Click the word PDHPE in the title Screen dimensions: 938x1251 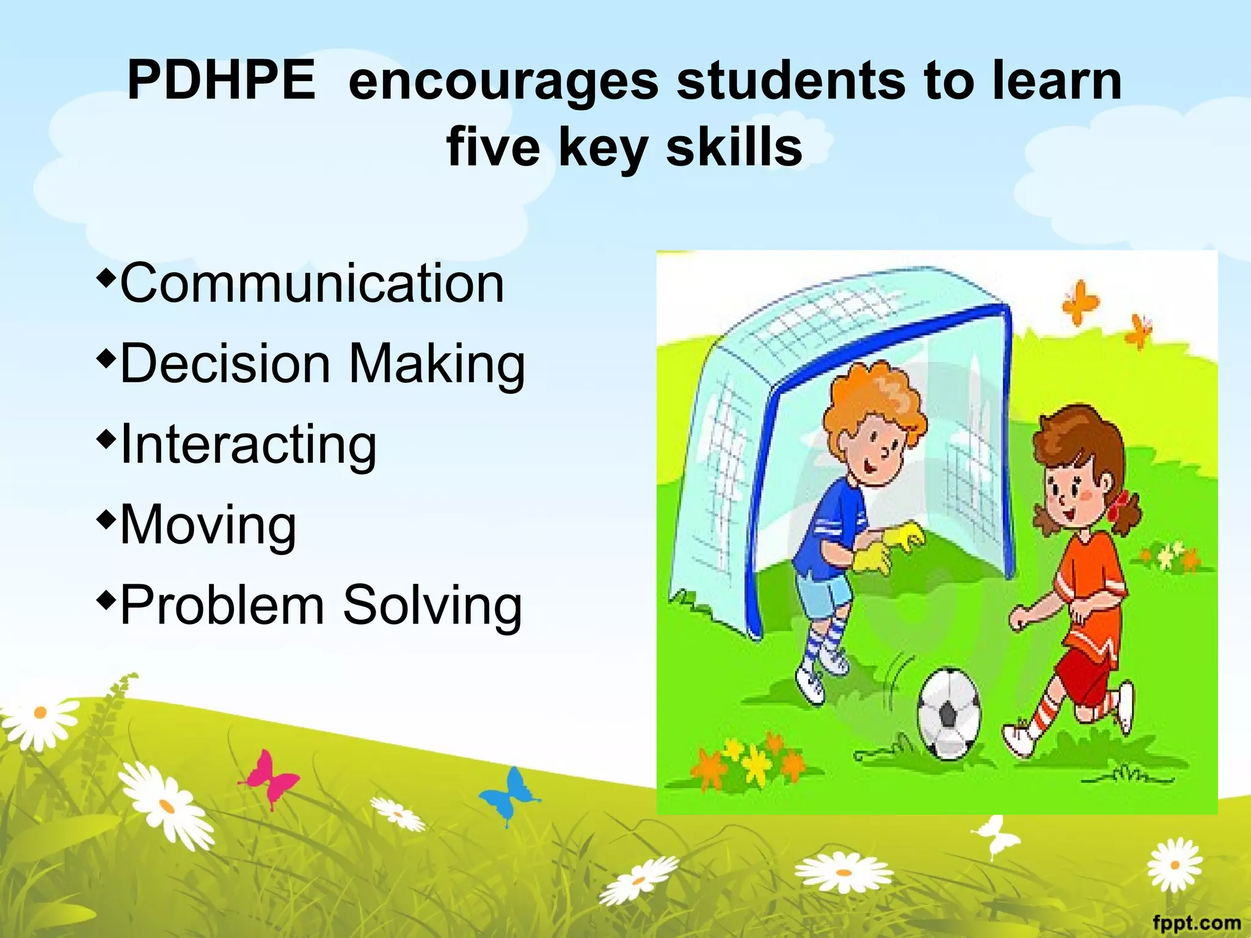click(221, 81)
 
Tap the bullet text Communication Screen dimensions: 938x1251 click(312, 283)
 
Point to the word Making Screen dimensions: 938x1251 click(437, 365)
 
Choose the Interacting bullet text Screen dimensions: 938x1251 click(249, 444)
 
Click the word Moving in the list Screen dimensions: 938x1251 click(208, 525)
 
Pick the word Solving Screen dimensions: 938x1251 click(432, 606)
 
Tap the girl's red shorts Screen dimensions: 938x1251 click(1084, 672)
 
